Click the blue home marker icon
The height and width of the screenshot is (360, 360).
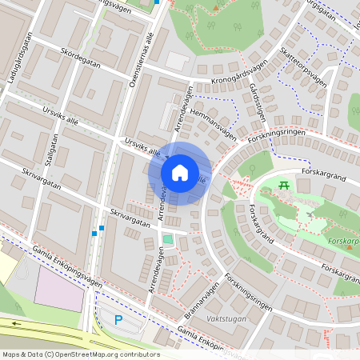tap(180, 173)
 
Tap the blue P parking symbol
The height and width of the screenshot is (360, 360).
tap(118, 320)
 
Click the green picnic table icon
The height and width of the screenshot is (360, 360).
tap(284, 186)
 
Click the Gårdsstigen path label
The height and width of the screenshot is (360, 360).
tap(257, 102)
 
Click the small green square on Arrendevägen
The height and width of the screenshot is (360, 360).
tap(167, 238)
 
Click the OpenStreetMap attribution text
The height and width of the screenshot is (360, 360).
tap(80, 354)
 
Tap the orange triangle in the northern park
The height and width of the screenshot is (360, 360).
tap(215, 8)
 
